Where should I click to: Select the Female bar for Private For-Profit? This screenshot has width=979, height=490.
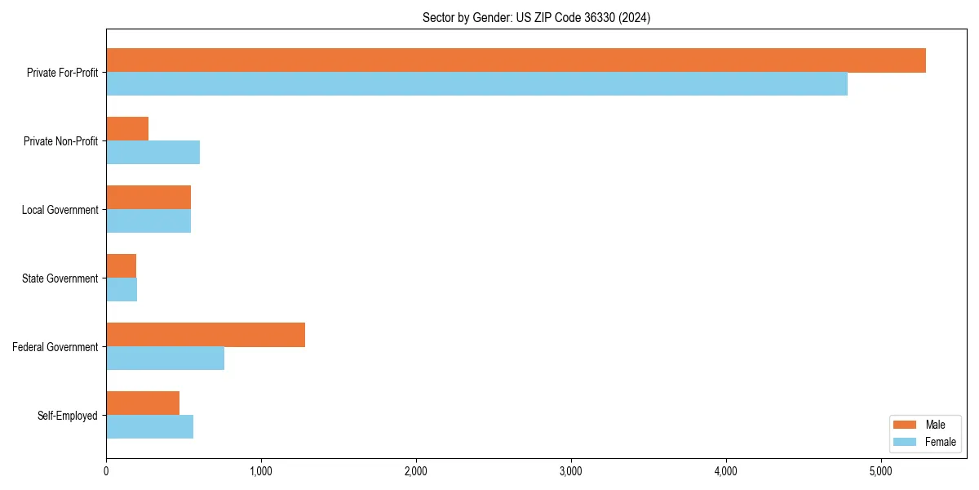(476, 84)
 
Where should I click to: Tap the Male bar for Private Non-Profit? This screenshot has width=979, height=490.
(127, 129)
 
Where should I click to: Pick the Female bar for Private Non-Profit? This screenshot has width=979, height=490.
(153, 153)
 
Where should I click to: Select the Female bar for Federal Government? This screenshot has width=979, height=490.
(165, 359)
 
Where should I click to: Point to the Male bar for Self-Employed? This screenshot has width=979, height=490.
(143, 403)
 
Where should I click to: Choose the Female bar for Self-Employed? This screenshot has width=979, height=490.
(149, 427)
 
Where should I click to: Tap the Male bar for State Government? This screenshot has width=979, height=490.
(121, 266)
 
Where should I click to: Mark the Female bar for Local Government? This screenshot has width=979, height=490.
(148, 221)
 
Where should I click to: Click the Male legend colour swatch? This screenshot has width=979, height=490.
(906, 425)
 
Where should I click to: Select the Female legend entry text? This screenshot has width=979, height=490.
(941, 442)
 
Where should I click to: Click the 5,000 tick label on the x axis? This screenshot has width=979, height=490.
(881, 471)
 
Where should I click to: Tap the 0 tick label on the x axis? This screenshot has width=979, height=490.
(106, 471)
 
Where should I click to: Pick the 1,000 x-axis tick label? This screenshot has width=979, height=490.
(261, 471)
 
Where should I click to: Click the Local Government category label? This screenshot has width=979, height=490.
(60, 210)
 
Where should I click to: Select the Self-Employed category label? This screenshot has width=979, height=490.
(68, 416)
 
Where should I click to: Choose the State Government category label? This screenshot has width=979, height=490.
(60, 278)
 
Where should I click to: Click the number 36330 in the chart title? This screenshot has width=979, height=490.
(599, 17)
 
